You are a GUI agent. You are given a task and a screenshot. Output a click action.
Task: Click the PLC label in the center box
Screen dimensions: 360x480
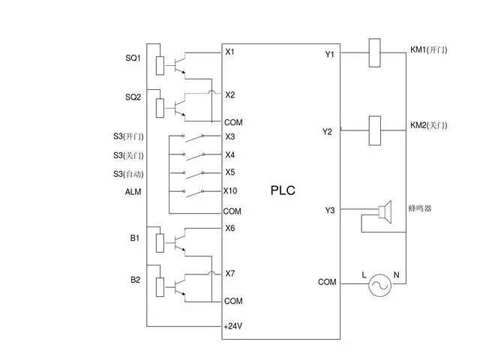click(x=283, y=190)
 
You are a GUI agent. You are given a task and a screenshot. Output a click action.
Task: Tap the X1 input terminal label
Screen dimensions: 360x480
click(x=230, y=52)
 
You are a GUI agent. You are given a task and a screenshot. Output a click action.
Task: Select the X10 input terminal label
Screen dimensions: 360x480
click(x=232, y=190)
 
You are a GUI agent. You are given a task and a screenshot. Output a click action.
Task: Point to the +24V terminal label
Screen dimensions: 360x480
click(x=233, y=327)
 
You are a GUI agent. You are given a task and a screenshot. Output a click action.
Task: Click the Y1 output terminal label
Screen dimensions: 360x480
click(x=329, y=54)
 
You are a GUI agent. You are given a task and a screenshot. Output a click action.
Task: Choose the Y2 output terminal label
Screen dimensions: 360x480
click(x=327, y=132)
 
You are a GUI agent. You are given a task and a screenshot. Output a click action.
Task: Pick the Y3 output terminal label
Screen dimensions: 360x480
click(x=329, y=209)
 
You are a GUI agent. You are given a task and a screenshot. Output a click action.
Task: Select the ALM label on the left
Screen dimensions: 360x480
click(x=133, y=192)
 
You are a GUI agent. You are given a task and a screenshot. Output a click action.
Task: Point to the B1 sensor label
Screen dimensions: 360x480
click(x=134, y=238)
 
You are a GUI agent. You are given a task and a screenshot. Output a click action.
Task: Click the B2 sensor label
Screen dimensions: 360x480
click(x=135, y=280)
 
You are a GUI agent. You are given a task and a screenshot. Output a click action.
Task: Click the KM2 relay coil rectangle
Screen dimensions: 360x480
click(x=376, y=130)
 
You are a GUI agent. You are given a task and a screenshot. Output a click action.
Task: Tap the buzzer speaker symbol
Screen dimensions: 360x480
click(x=385, y=212)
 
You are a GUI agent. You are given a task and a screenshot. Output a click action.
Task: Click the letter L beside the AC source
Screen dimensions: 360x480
click(x=364, y=275)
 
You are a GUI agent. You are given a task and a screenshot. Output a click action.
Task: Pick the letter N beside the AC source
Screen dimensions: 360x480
click(x=396, y=275)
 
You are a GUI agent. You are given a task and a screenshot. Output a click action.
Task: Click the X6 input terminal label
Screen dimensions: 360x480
click(x=230, y=228)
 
